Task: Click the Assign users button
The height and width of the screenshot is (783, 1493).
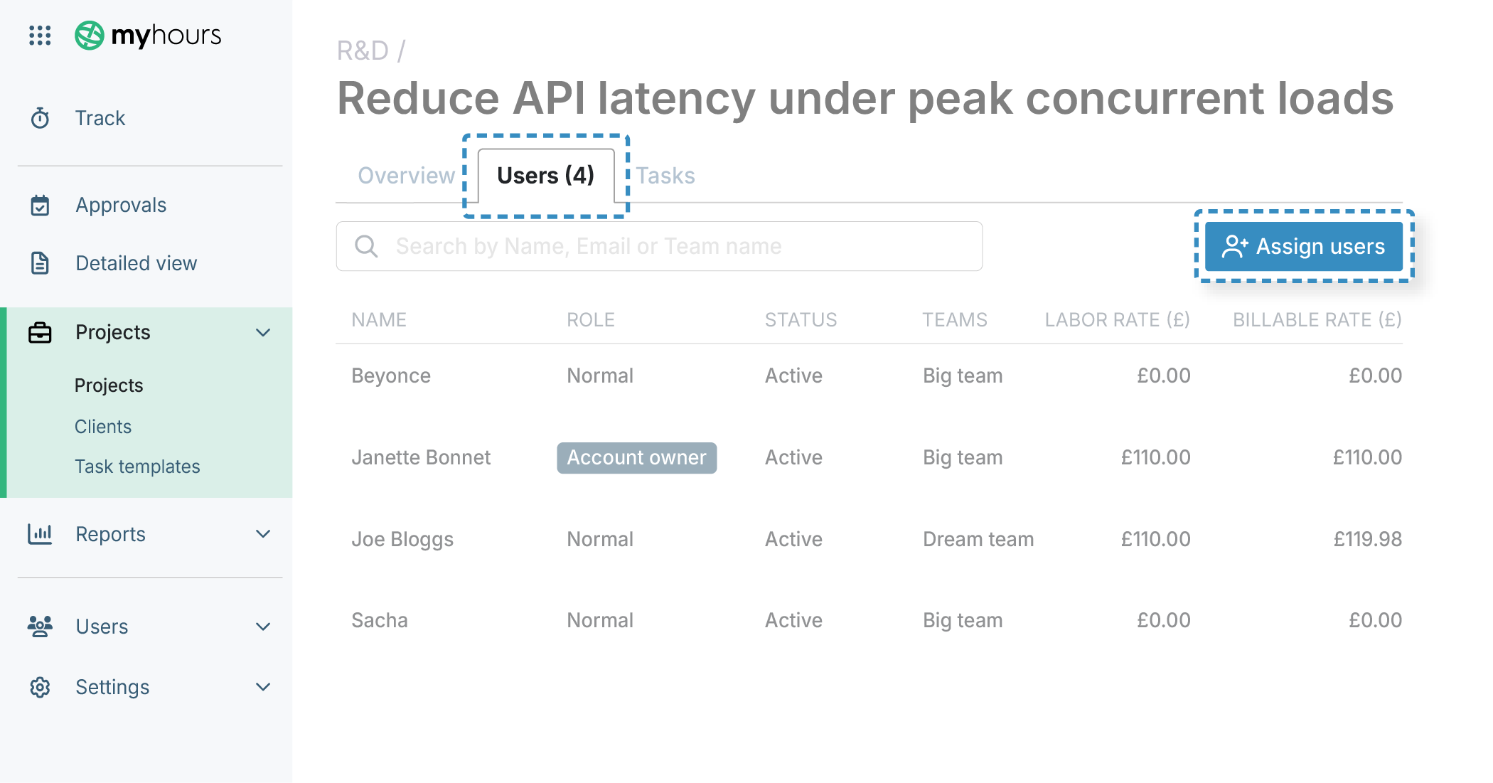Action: pyautogui.click(x=1303, y=246)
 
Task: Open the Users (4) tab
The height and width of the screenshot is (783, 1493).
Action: pyautogui.click(x=545, y=175)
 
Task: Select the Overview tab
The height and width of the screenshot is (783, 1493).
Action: pyautogui.click(x=406, y=175)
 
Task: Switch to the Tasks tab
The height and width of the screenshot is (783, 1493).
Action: pyautogui.click(x=665, y=175)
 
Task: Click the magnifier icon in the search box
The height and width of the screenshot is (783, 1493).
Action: pyautogui.click(x=366, y=246)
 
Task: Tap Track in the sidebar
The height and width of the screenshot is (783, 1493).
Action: pyautogui.click(x=100, y=118)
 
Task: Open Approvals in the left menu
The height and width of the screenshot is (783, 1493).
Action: pyautogui.click(x=121, y=205)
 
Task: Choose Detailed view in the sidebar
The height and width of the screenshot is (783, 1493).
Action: pyautogui.click(x=136, y=263)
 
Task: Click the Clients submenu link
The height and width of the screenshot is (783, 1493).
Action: pyautogui.click(x=103, y=427)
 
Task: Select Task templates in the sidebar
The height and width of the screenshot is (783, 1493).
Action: pyautogui.click(x=137, y=467)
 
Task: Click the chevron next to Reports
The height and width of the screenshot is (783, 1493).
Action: pyautogui.click(x=263, y=534)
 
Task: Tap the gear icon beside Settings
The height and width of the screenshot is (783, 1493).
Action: pyautogui.click(x=40, y=687)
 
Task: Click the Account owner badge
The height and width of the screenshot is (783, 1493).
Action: pyautogui.click(x=636, y=457)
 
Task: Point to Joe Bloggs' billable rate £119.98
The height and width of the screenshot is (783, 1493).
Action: pyautogui.click(x=1367, y=539)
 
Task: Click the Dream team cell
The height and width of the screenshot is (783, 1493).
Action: pyautogui.click(x=978, y=539)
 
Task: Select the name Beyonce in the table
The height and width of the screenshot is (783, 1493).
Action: pyautogui.click(x=391, y=375)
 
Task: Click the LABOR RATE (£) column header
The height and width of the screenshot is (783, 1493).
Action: pyautogui.click(x=1117, y=320)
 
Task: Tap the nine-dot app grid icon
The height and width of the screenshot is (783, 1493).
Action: pyautogui.click(x=40, y=35)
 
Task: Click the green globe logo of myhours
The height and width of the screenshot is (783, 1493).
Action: pyautogui.click(x=90, y=35)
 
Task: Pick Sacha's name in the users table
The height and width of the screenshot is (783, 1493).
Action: pyautogui.click(x=380, y=620)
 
